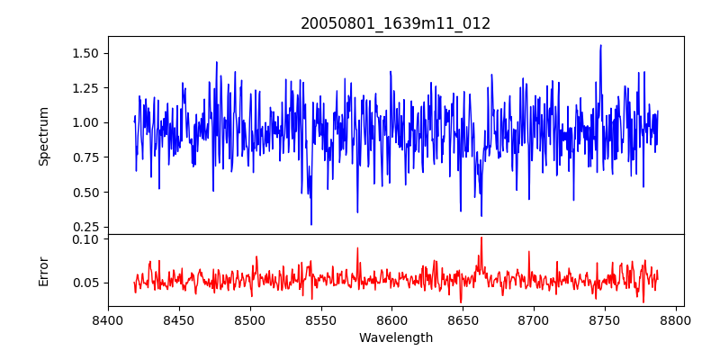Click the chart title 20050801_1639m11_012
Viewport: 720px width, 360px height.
pos(396,23)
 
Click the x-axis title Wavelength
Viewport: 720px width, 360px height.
pos(396,337)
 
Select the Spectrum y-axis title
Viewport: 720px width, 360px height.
pos(44,136)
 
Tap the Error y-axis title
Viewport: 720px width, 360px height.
pos(44,270)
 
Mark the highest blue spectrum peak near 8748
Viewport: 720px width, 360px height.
pos(600,45)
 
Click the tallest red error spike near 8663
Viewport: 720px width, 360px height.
pos(481,238)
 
